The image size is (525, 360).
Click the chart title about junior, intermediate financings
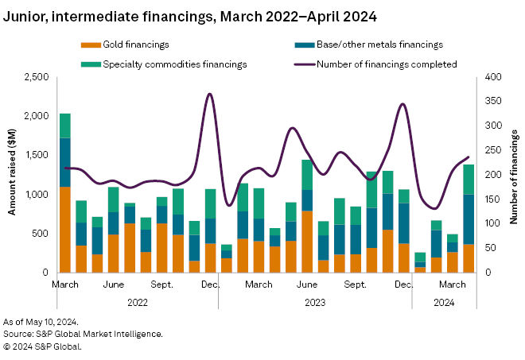click(190, 16)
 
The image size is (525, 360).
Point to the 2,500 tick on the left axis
click(35, 77)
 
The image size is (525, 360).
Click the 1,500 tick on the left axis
click(35, 155)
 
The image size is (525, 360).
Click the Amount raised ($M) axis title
click(13, 175)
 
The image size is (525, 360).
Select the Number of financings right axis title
click(513, 175)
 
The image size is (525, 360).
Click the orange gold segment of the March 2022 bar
click(65, 230)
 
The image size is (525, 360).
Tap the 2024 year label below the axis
click(444, 302)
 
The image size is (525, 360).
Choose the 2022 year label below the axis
click(138, 302)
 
